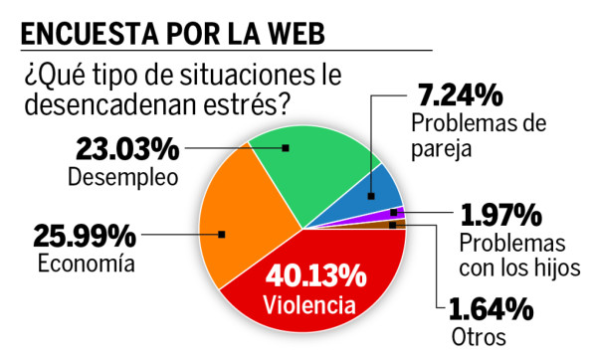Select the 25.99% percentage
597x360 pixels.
coord(84,236)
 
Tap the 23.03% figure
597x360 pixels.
coord(127,150)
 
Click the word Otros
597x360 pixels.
coord(475,336)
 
